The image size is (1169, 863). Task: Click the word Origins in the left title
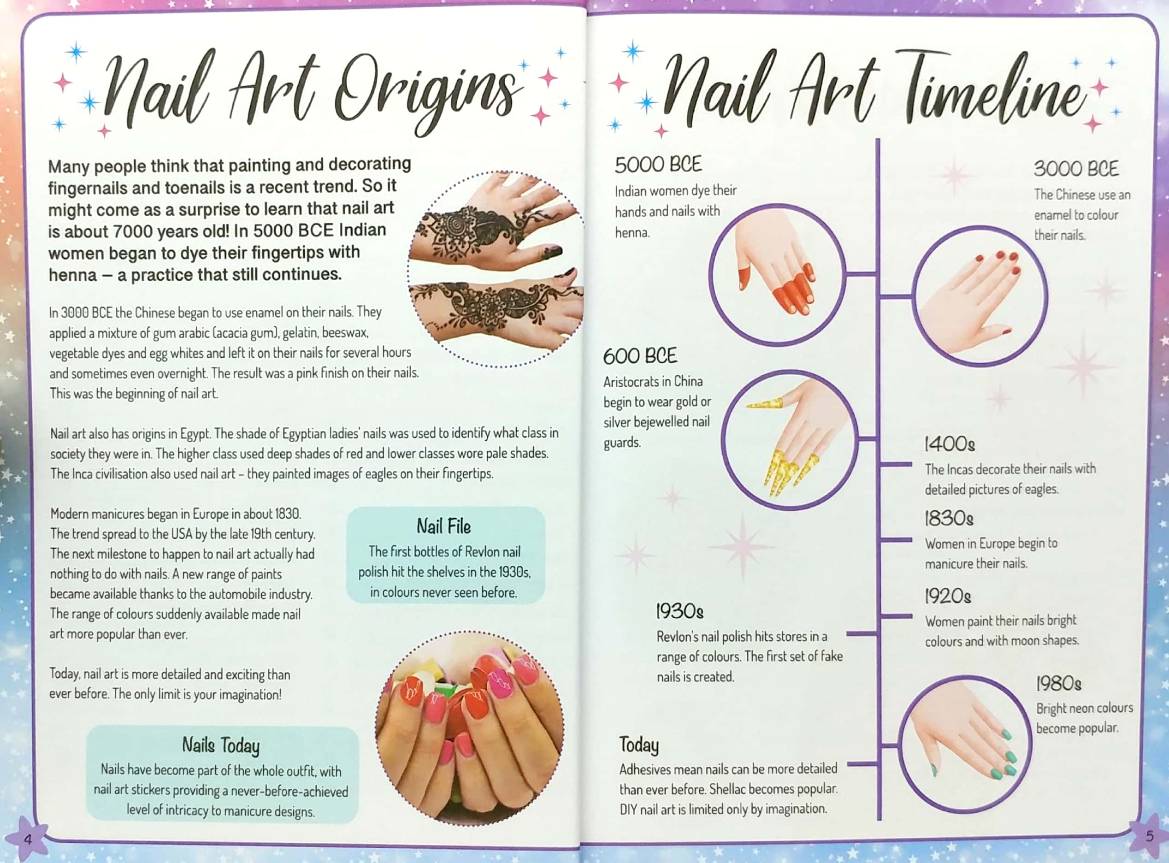point(426,94)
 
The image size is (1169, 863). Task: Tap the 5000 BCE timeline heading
point(658,165)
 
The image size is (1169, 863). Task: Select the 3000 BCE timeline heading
point(1075,169)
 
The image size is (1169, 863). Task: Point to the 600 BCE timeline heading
point(639,356)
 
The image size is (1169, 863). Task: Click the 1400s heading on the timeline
point(949,444)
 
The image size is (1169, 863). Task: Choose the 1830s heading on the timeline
point(949,519)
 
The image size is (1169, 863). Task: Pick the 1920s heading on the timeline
point(948,596)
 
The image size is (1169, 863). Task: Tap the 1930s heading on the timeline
point(679,611)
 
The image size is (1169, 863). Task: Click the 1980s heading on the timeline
point(1058,683)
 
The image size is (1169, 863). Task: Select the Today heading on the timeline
point(638,745)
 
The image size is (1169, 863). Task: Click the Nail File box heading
point(443,526)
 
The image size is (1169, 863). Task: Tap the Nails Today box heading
point(220,745)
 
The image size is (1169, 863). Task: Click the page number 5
point(1149,836)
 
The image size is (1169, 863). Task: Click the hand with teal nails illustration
point(964,745)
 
